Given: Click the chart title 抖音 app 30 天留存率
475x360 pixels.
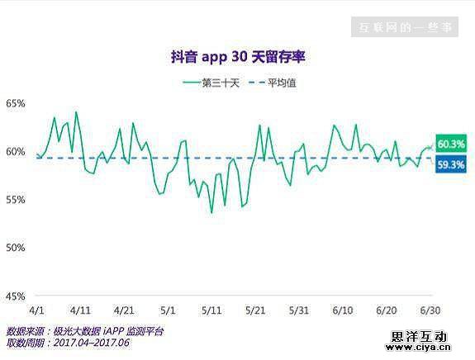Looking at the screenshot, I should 237,57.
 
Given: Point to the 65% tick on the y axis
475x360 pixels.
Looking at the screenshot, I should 16,103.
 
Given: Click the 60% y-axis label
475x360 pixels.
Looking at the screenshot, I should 16,151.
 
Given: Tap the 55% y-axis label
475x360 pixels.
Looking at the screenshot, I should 16,199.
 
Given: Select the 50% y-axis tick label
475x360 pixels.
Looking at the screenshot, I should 16,247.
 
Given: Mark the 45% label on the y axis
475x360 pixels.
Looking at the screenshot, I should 16,295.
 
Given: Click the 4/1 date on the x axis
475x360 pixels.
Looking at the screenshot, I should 36,310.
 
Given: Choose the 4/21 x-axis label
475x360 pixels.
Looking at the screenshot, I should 124,310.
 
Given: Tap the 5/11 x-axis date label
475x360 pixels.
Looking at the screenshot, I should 212,310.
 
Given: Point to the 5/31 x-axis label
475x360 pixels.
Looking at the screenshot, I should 299,310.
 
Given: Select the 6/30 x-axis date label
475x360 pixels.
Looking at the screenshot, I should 430,310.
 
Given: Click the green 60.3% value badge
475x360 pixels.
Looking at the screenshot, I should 451,144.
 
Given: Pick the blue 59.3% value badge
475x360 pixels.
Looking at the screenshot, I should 451,164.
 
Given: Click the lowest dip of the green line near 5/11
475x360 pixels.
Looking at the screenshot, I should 211,213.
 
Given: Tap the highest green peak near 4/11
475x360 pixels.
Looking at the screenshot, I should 76,111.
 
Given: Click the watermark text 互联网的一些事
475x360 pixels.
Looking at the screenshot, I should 406,27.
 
